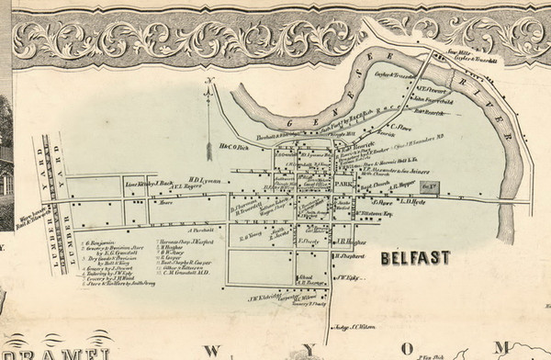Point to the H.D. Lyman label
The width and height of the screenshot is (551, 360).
coord(207,180)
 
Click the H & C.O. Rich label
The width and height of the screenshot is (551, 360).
coord(235,145)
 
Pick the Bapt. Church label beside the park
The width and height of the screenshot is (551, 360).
coord(375,186)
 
